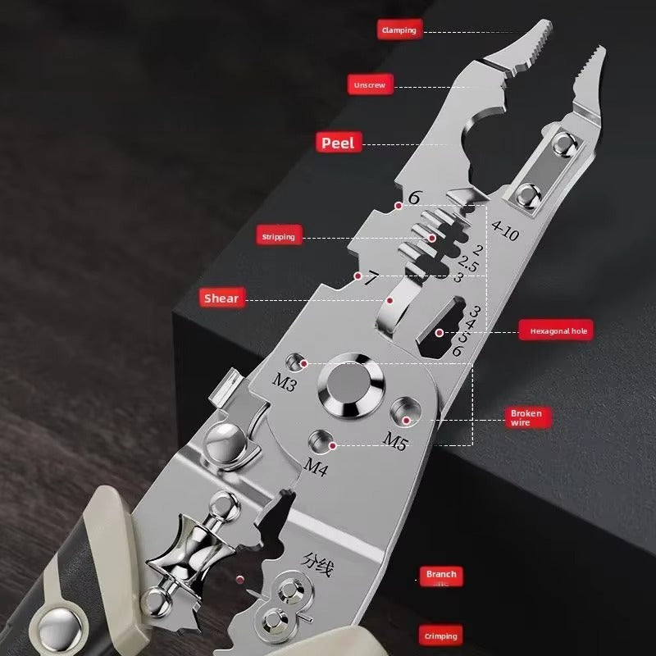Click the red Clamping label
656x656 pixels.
[399, 30]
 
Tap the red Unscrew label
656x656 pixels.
[371, 85]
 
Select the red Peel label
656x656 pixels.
[338, 143]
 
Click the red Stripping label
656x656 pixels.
[278, 237]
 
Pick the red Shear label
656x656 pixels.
[221, 298]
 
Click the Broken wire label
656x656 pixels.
[526, 418]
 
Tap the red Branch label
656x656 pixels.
[440, 575]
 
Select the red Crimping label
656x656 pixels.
[440, 635]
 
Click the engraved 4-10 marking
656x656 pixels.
[505, 233]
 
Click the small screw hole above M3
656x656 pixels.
[295, 362]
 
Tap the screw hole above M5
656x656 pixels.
[403, 408]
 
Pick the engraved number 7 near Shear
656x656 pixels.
[371, 279]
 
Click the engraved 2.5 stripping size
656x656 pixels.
[468, 264]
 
